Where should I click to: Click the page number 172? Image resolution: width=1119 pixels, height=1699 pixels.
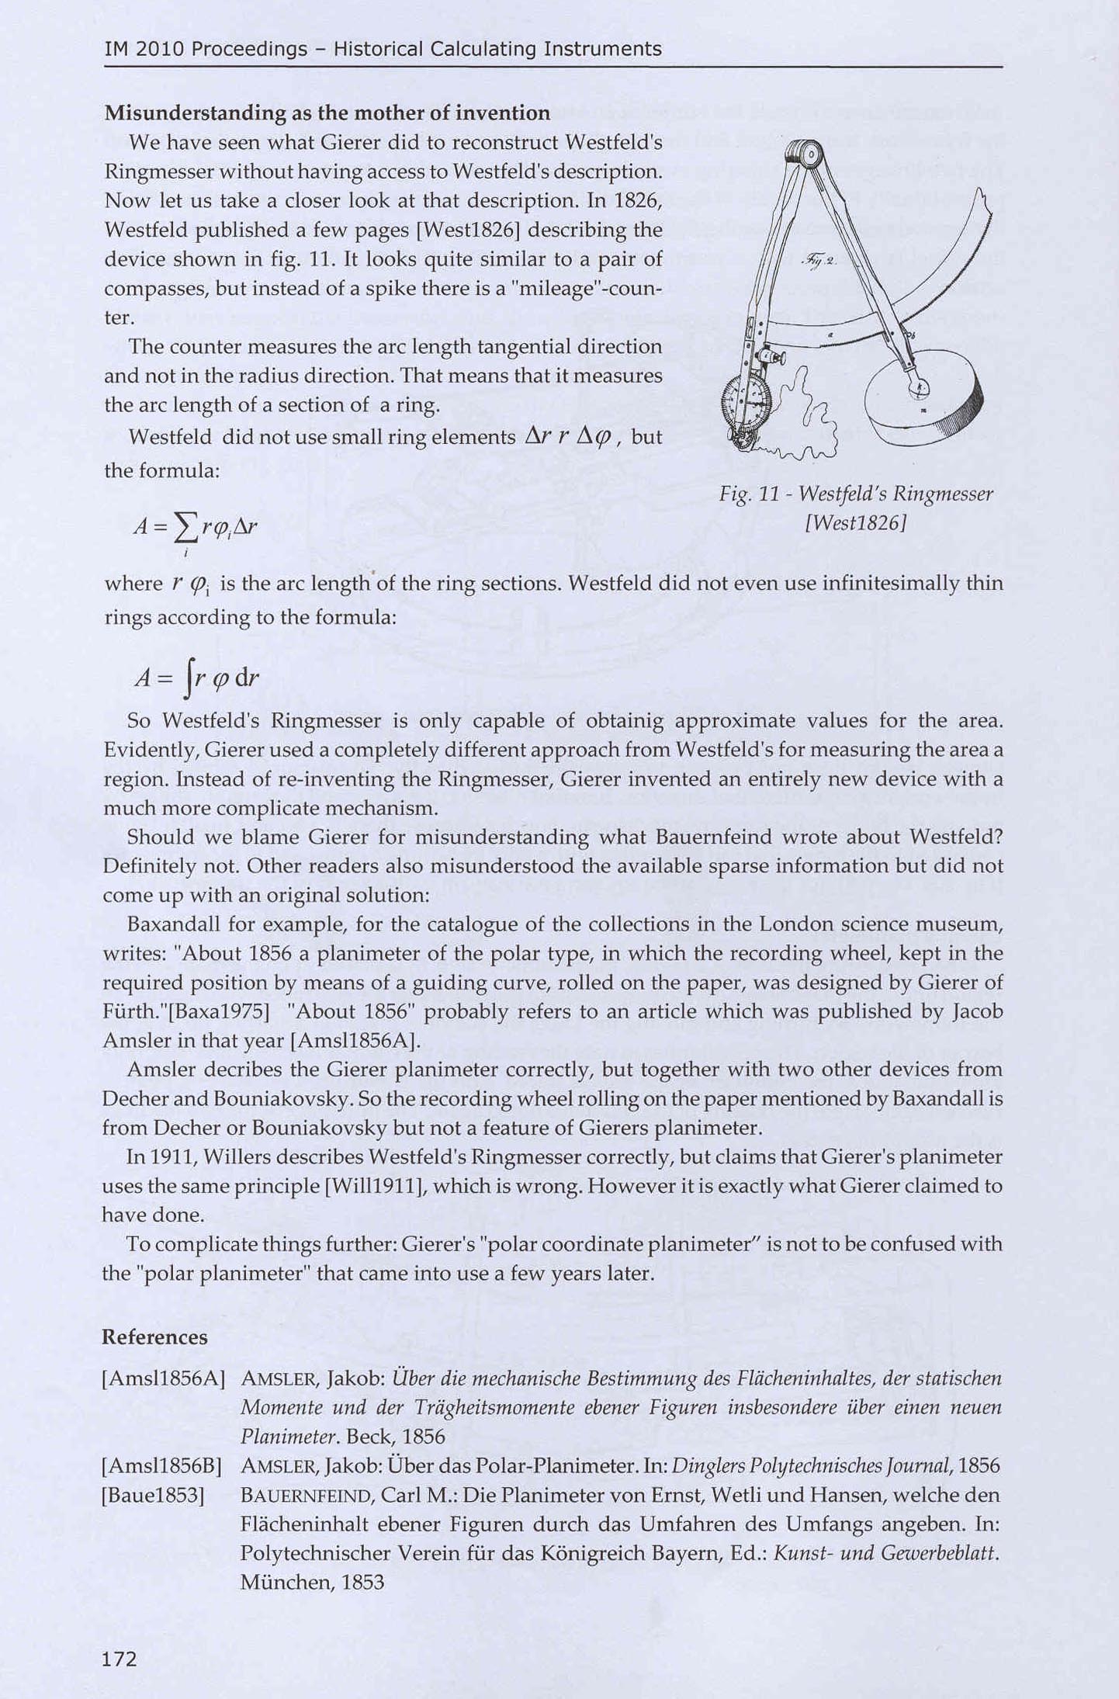120,1659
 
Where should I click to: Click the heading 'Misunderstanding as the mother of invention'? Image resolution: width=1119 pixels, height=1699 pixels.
327,113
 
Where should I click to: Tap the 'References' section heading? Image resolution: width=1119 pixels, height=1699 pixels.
154,1337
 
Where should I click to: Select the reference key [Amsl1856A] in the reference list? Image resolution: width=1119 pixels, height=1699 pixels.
164,1378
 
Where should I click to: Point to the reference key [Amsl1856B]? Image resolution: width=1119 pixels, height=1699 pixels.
162,1466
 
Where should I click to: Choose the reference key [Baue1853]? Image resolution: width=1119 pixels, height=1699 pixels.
153,1496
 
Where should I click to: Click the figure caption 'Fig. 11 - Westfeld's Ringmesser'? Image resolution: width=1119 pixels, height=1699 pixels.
856,494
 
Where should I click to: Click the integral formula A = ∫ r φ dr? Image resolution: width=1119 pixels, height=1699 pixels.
197,678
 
